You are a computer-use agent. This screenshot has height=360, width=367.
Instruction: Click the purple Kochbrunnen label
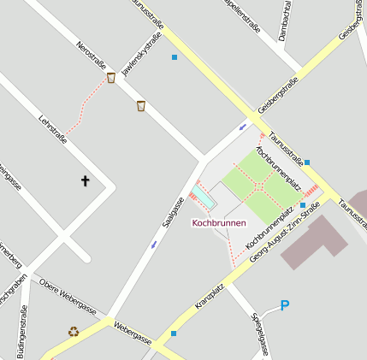tap(219, 223)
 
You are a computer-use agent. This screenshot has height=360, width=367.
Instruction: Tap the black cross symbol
tap(85, 180)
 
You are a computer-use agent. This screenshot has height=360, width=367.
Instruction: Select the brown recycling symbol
tap(74, 332)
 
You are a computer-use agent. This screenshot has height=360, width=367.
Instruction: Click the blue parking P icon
tap(285, 305)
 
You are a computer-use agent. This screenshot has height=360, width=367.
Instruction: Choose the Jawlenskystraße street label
tap(142, 55)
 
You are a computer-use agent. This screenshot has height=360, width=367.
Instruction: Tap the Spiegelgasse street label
tap(261, 333)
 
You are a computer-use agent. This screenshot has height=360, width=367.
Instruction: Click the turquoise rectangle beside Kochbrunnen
tap(205, 198)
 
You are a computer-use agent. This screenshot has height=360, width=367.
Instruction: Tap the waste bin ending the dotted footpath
tap(111, 78)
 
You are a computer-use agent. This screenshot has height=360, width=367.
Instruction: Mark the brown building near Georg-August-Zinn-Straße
tap(314, 242)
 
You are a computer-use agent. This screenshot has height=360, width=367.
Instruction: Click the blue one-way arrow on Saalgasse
tap(154, 245)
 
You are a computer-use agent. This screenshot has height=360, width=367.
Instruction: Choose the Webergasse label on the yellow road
tap(133, 333)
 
